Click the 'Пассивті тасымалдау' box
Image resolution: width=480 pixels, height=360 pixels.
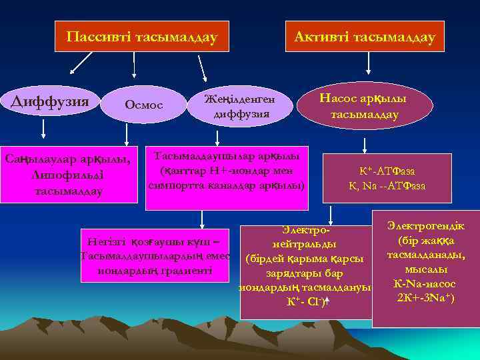point(141,37)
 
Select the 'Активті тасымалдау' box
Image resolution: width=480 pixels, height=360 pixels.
point(365,37)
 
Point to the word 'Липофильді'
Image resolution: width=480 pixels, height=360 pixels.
point(67,175)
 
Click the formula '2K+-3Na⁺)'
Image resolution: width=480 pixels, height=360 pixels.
point(425,297)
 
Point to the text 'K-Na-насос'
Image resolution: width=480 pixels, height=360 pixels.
point(425,283)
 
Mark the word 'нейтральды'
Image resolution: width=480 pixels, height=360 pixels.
point(304,244)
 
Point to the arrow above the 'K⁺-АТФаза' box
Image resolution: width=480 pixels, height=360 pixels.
point(364,145)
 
